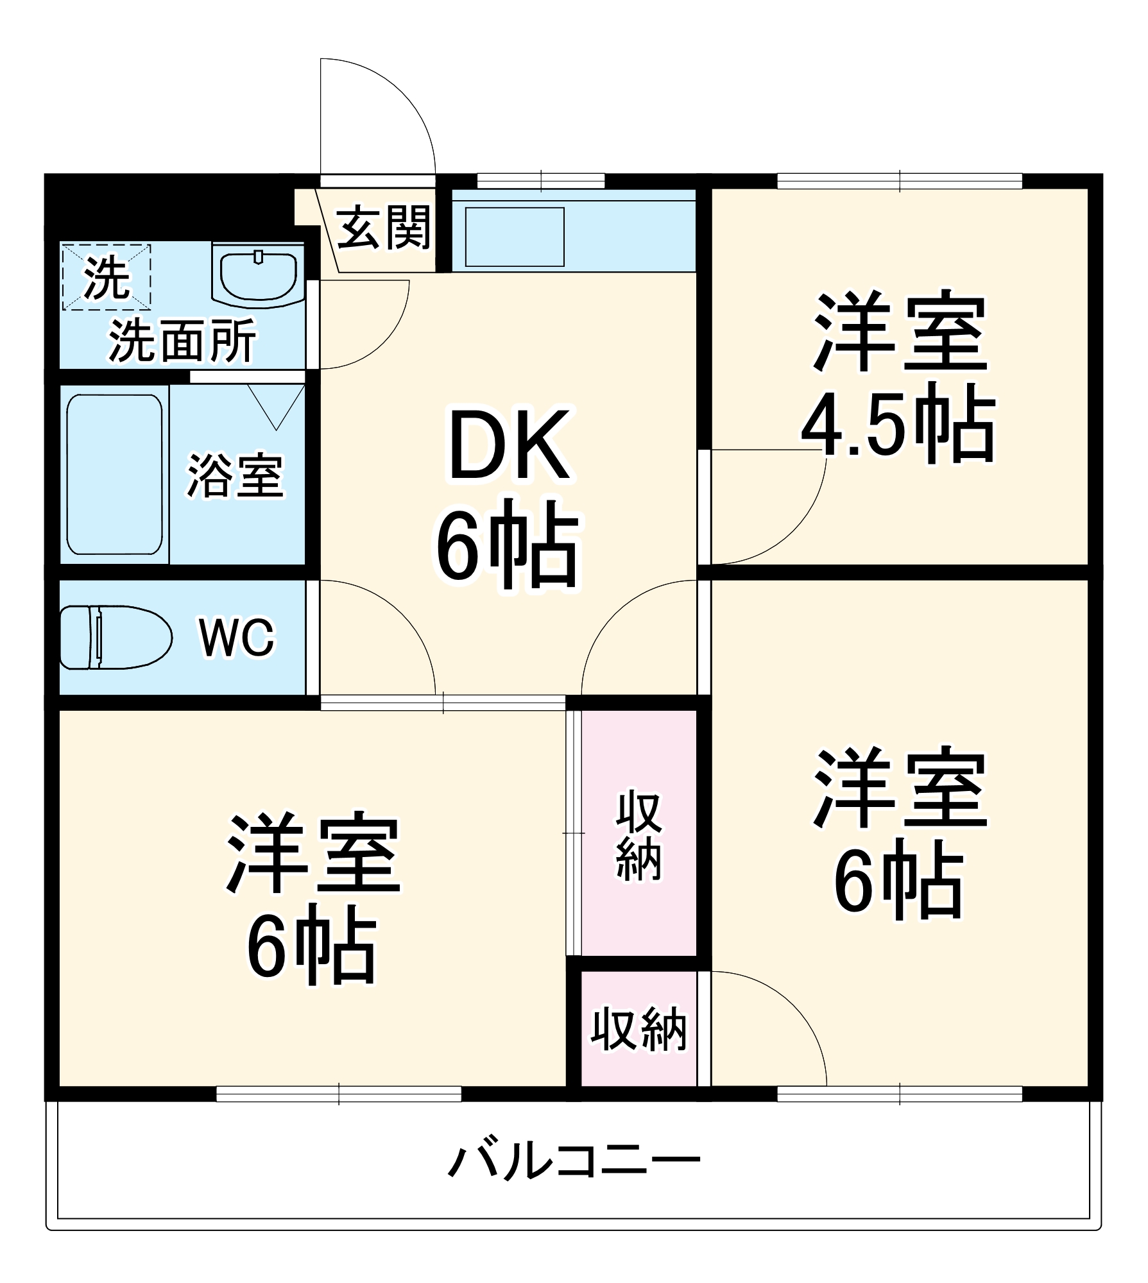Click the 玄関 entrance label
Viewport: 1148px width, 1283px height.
[x=383, y=228]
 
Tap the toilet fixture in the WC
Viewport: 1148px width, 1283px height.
[x=116, y=637]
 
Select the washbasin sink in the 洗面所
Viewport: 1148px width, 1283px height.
[x=258, y=275]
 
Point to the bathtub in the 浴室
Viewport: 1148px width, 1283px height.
[x=114, y=474]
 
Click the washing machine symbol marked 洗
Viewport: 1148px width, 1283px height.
[x=107, y=277]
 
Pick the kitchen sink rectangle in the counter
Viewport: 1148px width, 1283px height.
[x=515, y=237]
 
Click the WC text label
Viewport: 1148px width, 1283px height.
[x=237, y=638]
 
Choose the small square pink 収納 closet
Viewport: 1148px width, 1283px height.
[x=638, y=1030]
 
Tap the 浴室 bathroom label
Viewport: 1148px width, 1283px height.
[x=235, y=475]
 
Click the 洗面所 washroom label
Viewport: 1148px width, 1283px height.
[x=182, y=340]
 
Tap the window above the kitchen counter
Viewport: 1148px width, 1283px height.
[x=541, y=181]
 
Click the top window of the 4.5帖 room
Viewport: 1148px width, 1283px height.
[x=900, y=181]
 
